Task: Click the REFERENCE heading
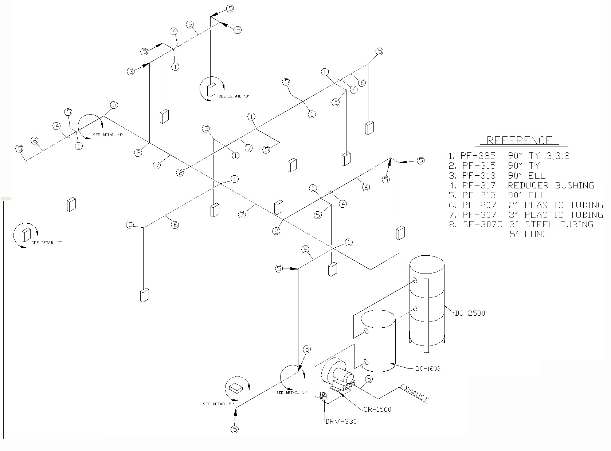[x=519, y=140]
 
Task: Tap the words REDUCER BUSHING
[x=551, y=185]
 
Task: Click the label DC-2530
[x=470, y=313]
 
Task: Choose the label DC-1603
[x=428, y=368]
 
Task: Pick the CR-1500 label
[x=377, y=409]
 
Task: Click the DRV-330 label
[x=341, y=422]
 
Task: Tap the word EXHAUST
[x=414, y=393]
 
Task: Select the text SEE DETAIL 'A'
[x=291, y=392]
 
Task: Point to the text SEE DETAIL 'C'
[x=47, y=243]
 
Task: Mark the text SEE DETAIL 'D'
[x=234, y=96]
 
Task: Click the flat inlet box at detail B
[x=236, y=388]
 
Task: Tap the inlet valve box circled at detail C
[x=26, y=235]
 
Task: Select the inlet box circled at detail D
[x=211, y=90]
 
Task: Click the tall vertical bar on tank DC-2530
[x=426, y=315]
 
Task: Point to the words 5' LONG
[x=529, y=234]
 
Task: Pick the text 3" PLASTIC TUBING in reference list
[x=556, y=215]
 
